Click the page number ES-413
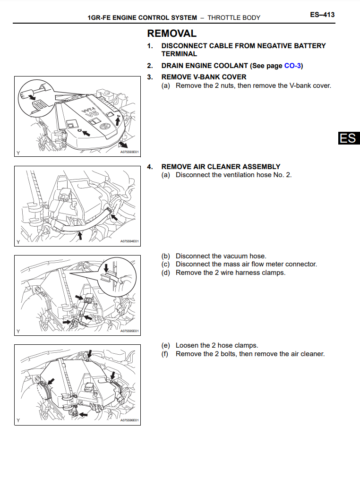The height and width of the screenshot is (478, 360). (x=322, y=15)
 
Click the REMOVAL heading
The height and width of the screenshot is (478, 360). (x=172, y=33)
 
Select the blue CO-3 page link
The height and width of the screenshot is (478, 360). (x=292, y=66)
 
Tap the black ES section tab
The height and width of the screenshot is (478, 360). (x=349, y=138)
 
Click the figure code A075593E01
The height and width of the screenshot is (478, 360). (x=129, y=152)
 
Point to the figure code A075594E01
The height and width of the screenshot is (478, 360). (x=129, y=241)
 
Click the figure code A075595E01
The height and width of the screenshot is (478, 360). (x=129, y=331)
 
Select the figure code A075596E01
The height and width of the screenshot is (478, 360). (x=129, y=420)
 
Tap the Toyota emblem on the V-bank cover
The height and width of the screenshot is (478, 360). (x=105, y=126)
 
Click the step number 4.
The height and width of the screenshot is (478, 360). (x=150, y=167)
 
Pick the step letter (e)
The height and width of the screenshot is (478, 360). (x=165, y=345)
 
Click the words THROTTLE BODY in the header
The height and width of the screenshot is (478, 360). (x=234, y=17)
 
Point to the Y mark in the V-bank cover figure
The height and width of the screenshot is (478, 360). (x=18, y=153)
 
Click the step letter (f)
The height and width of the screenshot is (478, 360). (x=165, y=354)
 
